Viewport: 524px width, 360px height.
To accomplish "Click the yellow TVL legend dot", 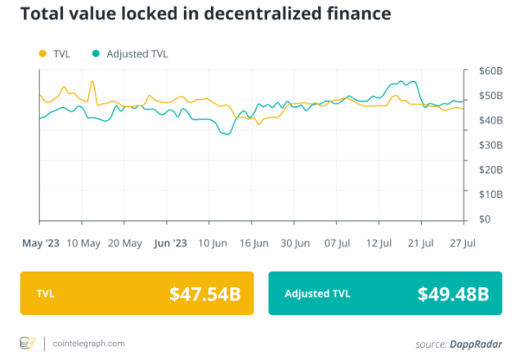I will pos(43,53).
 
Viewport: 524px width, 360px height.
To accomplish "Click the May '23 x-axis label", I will pos(41,243).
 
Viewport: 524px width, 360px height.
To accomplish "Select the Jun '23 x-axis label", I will pos(170,243).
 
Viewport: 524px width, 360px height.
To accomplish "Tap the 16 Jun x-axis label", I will pos(254,243).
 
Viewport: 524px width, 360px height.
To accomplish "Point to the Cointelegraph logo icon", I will pos(28,342).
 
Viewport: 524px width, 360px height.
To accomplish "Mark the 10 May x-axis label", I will pos(83,243).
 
